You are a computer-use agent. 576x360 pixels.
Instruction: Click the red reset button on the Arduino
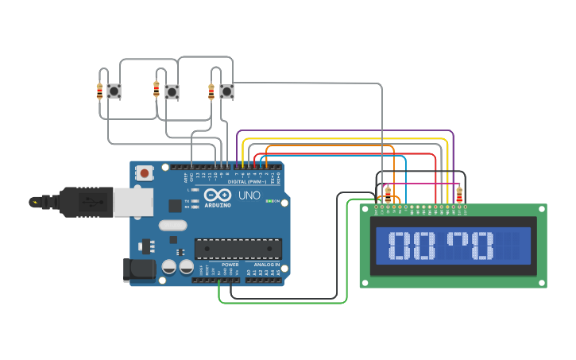pos(144,172)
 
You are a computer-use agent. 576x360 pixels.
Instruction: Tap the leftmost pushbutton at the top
pos(114,91)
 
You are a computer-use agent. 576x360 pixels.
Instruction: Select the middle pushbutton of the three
pos(172,91)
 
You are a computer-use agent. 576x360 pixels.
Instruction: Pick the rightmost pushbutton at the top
pos(227,91)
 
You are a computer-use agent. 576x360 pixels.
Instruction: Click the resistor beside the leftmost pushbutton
pos(99,91)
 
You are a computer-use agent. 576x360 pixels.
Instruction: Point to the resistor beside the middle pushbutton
pos(157,89)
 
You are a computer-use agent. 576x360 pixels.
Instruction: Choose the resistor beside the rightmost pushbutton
pos(211,91)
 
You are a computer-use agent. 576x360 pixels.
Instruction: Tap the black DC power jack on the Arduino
pos(139,269)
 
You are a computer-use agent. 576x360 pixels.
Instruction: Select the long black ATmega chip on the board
pos(238,249)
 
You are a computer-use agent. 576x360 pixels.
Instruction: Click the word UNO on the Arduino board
pos(249,195)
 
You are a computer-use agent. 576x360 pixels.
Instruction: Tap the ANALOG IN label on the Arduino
pos(266,265)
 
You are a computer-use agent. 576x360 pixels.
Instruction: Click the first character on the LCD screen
pos(402,246)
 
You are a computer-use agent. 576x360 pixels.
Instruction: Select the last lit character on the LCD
pos(482,246)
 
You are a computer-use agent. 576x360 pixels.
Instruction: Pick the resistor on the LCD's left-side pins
pos(388,195)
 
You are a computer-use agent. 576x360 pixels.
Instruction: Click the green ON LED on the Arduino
pos(269,201)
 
